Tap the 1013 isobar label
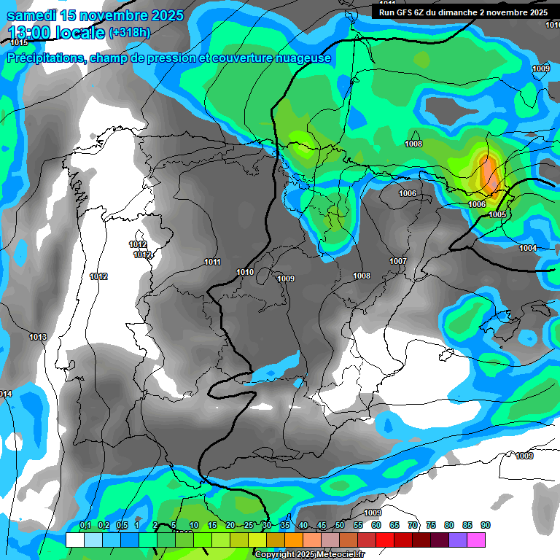(x=38, y=337)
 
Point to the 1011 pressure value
(x=212, y=262)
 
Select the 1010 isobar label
(x=245, y=272)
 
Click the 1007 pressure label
(x=397, y=261)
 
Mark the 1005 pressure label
(x=497, y=214)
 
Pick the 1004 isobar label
(x=527, y=248)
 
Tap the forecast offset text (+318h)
(x=130, y=32)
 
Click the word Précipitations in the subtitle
(x=43, y=58)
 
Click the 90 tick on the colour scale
(x=485, y=525)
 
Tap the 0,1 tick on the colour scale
(x=85, y=525)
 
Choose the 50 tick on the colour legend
(x=340, y=525)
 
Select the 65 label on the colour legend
(x=394, y=525)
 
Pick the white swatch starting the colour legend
(x=74, y=540)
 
